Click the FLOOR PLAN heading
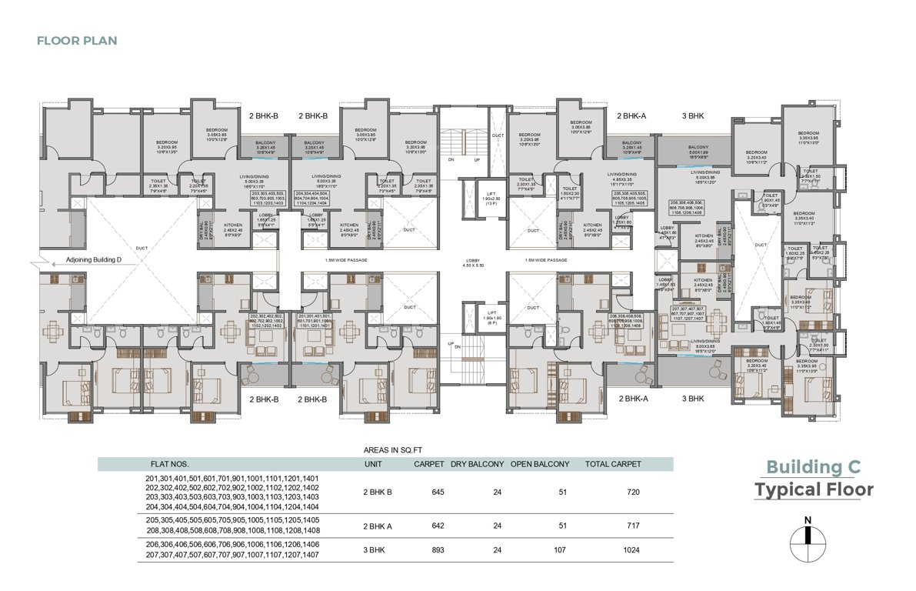click(77, 40)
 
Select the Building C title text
click(813, 467)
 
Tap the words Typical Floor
click(813, 490)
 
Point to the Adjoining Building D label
click(95, 260)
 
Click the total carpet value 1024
click(622, 550)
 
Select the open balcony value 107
click(559, 550)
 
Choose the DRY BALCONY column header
click(477, 464)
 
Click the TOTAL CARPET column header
click(612, 464)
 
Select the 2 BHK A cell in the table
click(378, 526)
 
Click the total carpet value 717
click(622, 526)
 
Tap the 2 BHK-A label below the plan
click(633, 399)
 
